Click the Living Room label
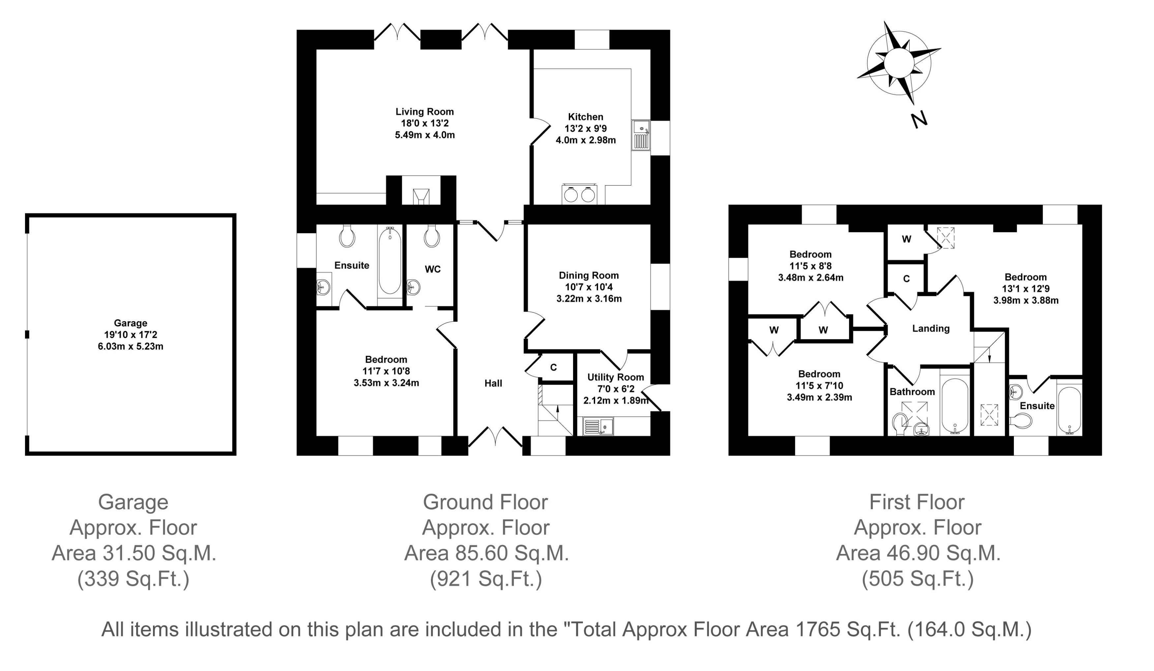pyautogui.click(x=425, y=112)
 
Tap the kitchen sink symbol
pyautogui.click(x=641, y=135)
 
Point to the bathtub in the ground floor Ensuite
pyautogui.click(x=390, y=261)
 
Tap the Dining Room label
pyautogui.click(x=589, y=276)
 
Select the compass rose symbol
pyautogui.click(x=898, y=64)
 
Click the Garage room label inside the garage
pyautogui.click(x=131, y=323)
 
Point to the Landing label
pyautogui.click(x=930, y=329)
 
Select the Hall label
pyautogui.click(x=493, y=384)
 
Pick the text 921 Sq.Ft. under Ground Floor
pyautogui.click(x=486, y=579)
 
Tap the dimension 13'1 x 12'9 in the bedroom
pyautogui.click(x=1026, y=289)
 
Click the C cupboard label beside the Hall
pyautogui.click(x=553, y=367)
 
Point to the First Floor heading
pyautogui.click(x=917, y=502)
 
